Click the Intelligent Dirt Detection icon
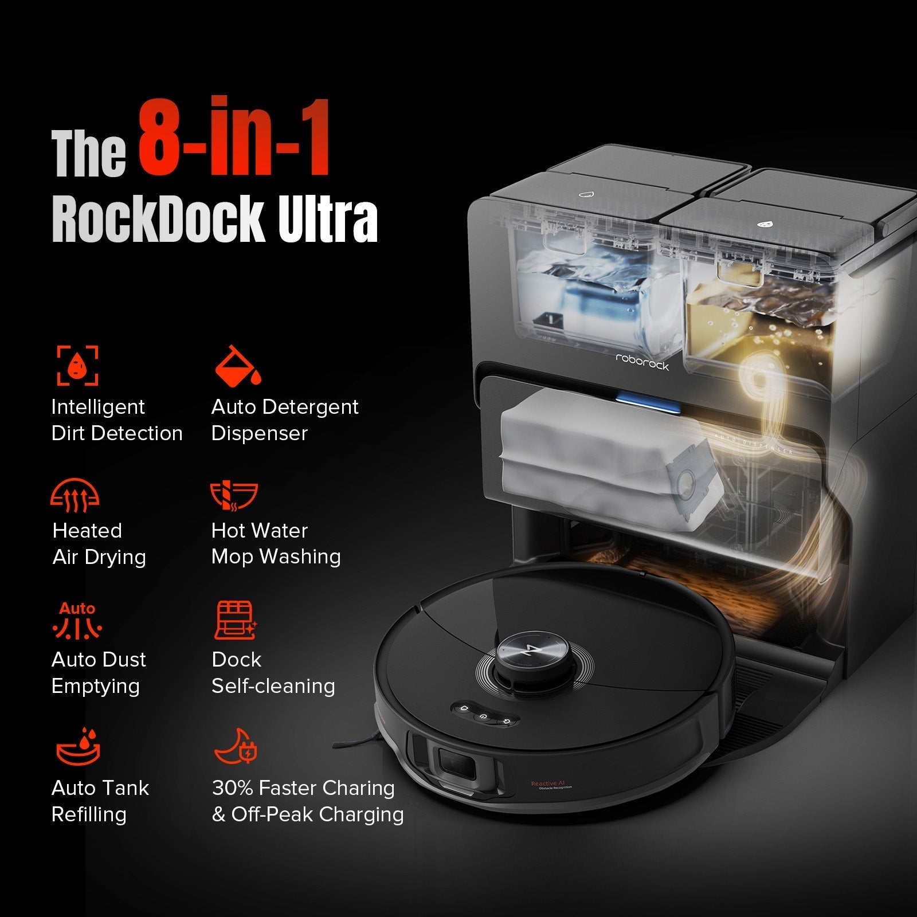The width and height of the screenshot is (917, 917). (x=77, y=365)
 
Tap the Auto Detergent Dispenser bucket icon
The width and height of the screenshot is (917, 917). (x=237, y=366)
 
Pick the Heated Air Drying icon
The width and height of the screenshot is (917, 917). (x=75, y=495)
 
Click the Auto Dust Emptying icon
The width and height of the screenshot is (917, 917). (x=77, y=621)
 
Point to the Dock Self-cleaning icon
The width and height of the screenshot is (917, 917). (x=235, y=621)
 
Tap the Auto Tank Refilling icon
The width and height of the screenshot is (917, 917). (x=79, y=747)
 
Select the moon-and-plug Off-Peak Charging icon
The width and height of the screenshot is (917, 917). (x=236, y=747)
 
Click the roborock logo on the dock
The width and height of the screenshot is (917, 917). (x=642, y=362)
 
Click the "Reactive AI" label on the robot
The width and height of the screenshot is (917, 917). (x=548, y=783)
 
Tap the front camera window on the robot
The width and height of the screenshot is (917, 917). (x=457, y=764)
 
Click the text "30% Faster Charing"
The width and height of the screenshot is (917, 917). (x=303, y=788)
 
